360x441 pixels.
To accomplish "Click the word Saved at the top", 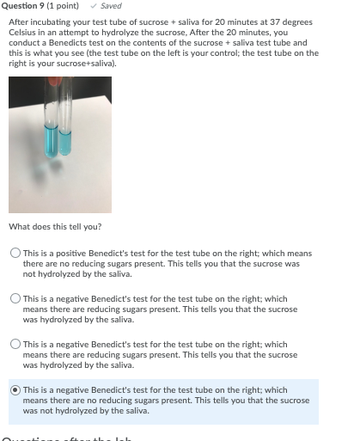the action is pos(111,6).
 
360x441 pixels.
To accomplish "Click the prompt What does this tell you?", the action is pos(55,227).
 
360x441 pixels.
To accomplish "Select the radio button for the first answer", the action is pos(15,254).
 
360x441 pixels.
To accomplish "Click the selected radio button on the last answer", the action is pos(15,390).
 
